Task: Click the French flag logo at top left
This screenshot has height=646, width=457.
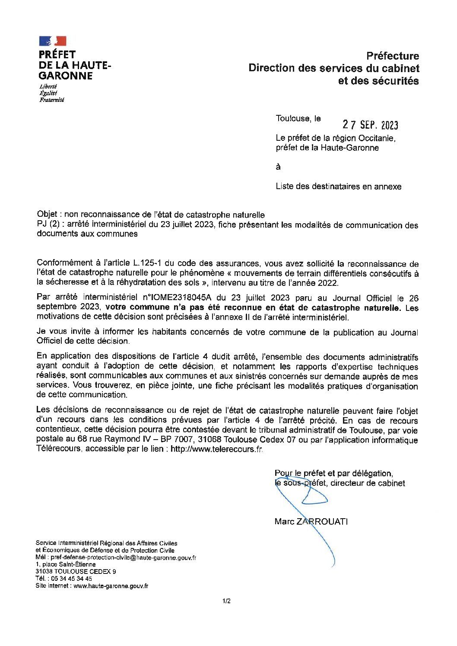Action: (52, 41)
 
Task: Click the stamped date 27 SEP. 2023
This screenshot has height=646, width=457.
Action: (370, 125)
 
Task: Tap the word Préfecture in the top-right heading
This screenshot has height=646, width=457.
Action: (393, 56)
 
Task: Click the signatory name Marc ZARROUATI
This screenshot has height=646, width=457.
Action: (311, 521)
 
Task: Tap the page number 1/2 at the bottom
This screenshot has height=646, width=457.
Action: (227, 601)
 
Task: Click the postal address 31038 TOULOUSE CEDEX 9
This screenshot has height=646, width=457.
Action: (76, 571)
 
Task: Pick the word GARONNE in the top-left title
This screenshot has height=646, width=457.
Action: (66, 76)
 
